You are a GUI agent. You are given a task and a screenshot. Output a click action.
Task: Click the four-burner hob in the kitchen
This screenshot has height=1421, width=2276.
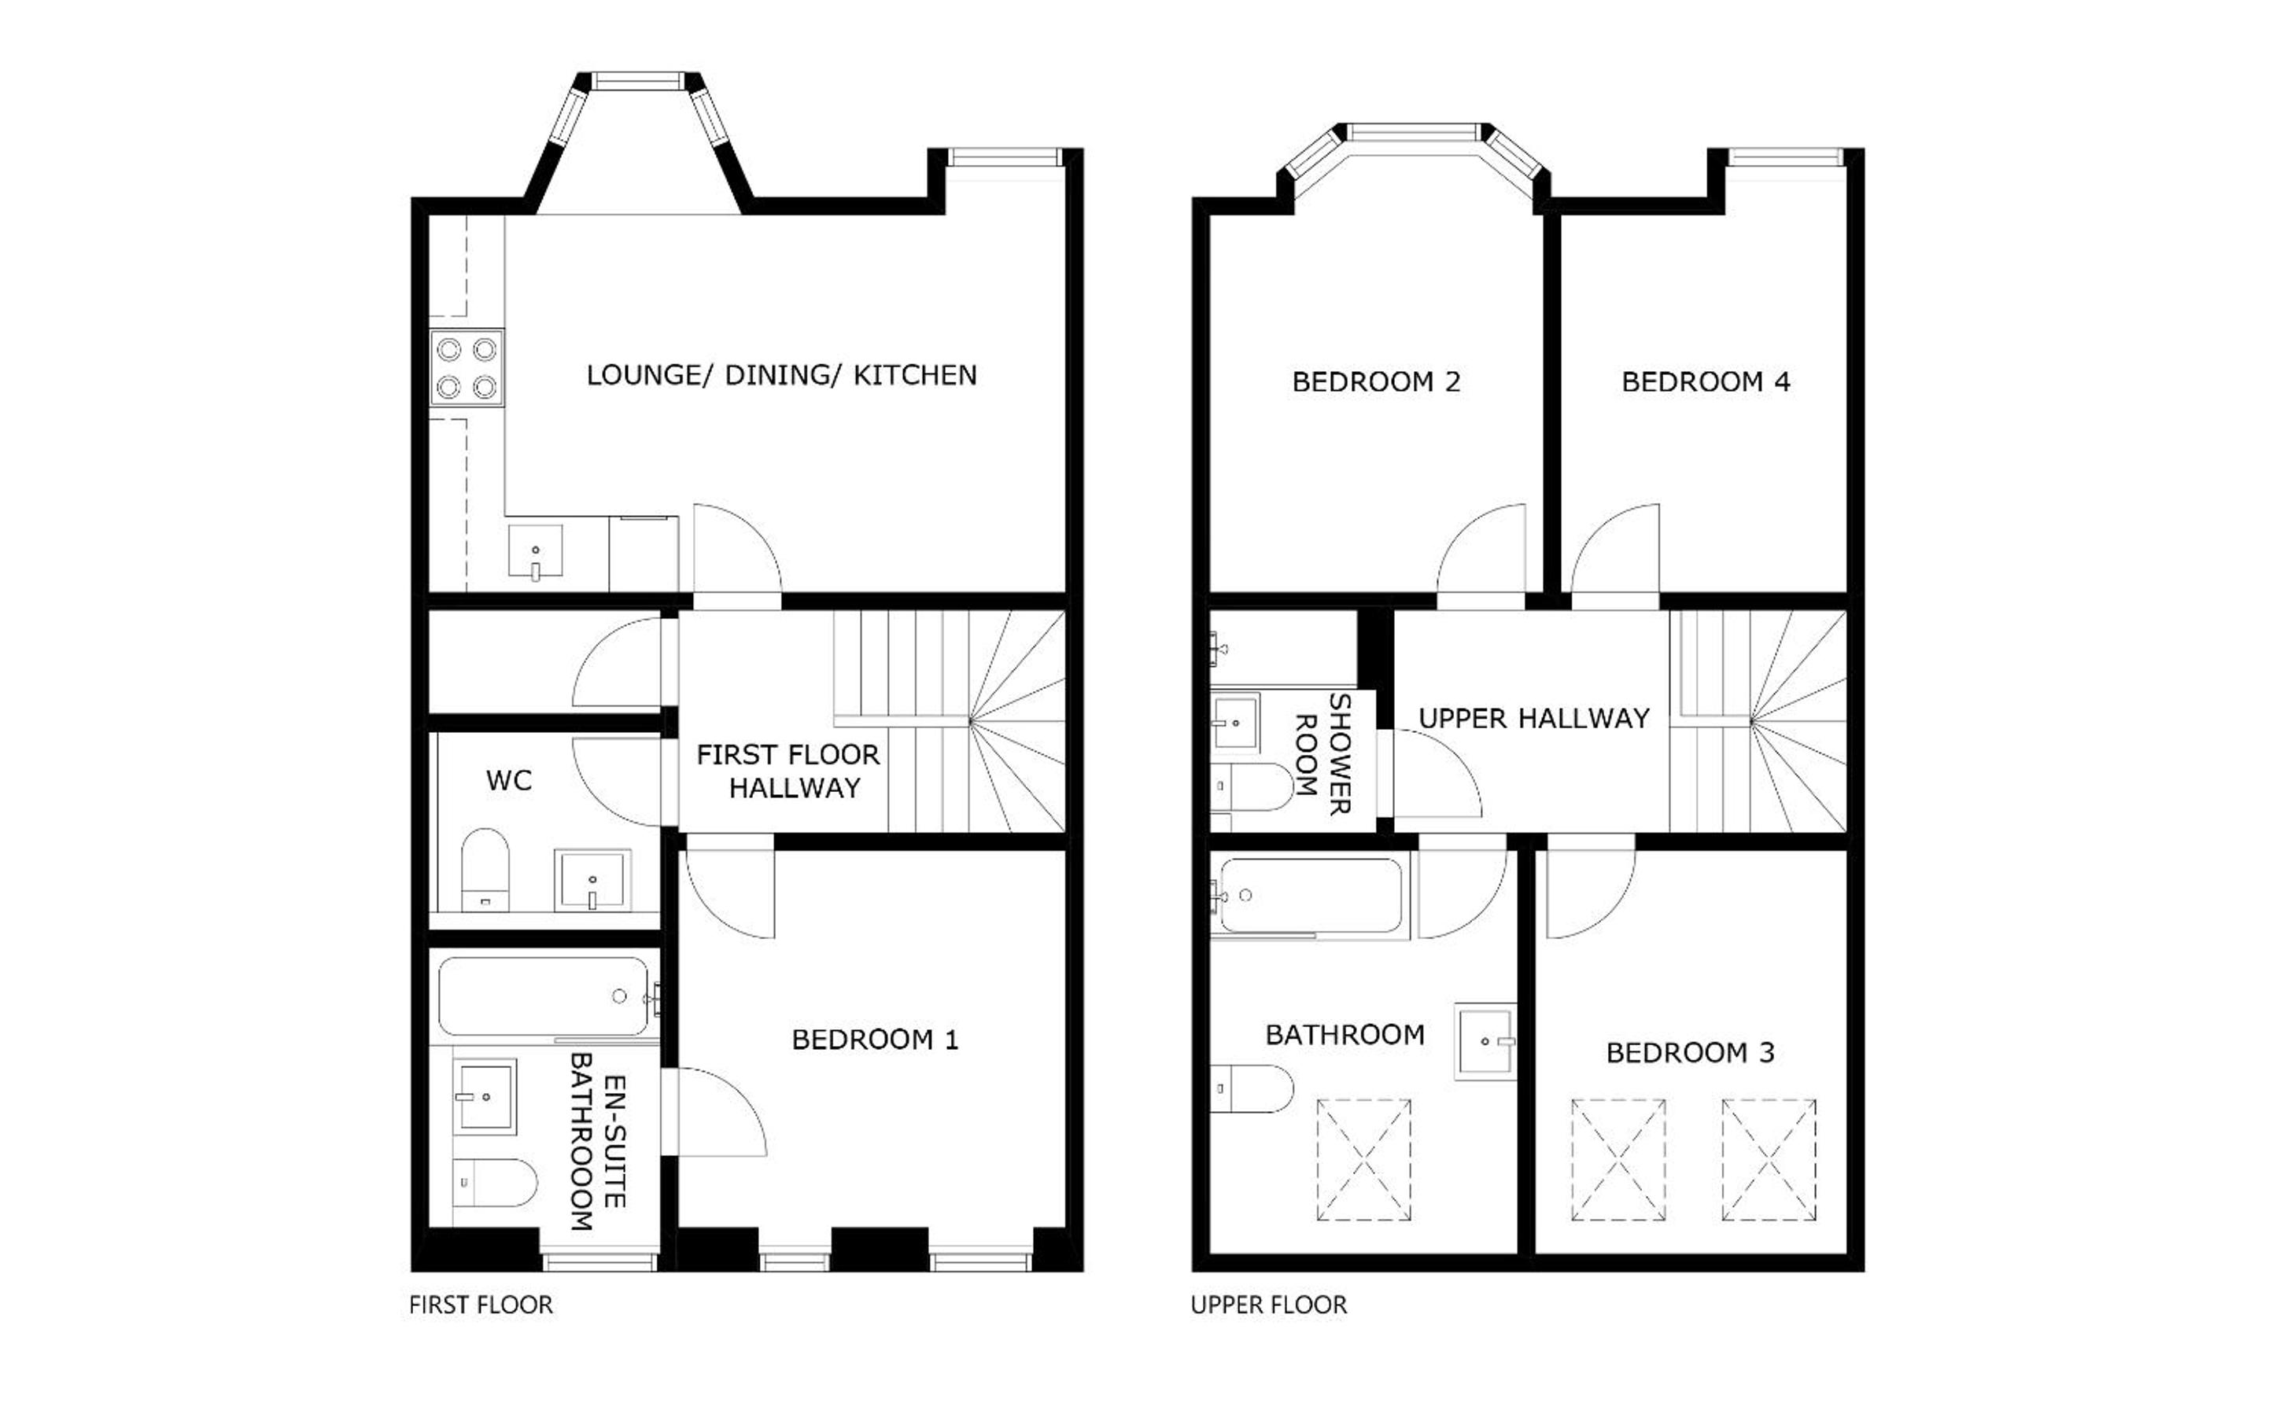(467, 367)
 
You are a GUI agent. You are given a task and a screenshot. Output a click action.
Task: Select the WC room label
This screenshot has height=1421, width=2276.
(508, 780)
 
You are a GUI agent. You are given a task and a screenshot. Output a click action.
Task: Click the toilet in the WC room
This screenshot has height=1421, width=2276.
(485, 869)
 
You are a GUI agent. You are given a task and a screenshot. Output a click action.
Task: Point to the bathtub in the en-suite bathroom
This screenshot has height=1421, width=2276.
(544, 996)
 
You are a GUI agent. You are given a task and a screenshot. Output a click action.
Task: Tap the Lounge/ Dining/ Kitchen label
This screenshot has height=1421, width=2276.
(781, 376)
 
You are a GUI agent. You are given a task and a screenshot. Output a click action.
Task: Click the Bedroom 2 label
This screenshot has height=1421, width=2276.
(1376, 381)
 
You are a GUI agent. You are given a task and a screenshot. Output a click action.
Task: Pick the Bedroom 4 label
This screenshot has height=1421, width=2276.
(1706, 381)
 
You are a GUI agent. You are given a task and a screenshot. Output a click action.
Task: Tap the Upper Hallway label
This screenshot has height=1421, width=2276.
(1533, 719)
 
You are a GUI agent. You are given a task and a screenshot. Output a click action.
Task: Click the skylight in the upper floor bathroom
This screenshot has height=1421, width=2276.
(1363, 1160)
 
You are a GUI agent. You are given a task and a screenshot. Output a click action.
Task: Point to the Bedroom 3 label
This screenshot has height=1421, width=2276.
(1689, 1053)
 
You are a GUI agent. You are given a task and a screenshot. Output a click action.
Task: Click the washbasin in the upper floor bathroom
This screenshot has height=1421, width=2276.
(1485, 1041)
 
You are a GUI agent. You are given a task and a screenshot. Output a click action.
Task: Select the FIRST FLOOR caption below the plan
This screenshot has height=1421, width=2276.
(481, 1305)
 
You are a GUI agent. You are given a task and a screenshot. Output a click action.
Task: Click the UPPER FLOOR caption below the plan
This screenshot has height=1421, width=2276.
(1268, 1305)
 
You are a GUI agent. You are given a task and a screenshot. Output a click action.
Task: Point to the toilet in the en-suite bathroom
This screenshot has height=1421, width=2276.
(495, 1182)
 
